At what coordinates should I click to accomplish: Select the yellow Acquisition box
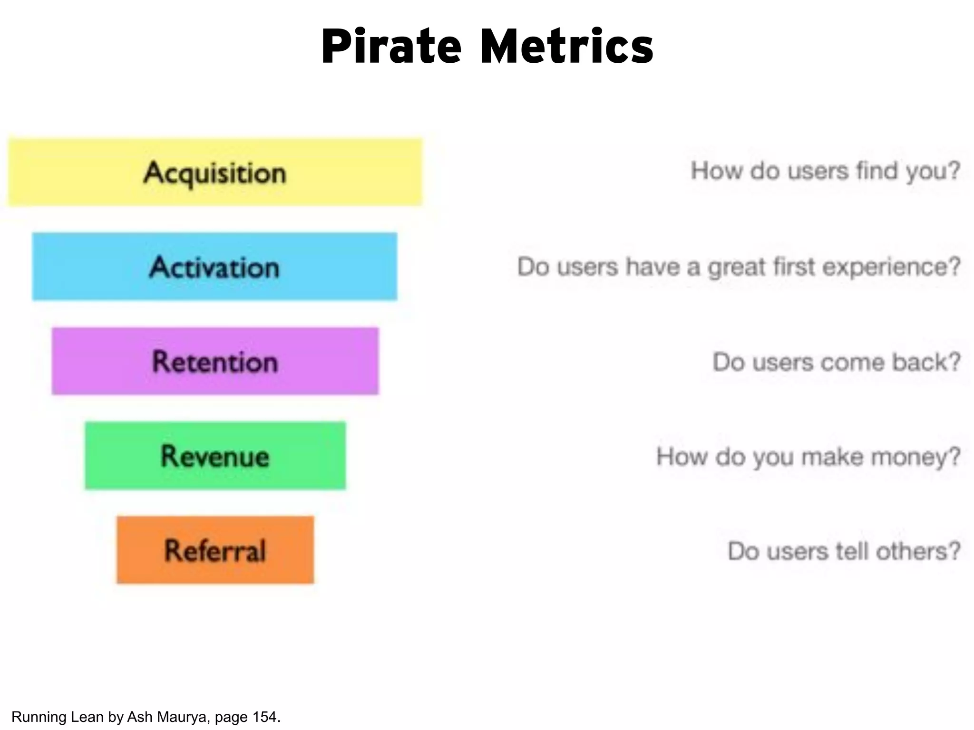[215, 173]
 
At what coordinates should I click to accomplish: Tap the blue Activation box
[214, 267]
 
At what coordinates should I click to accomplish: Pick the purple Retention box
[215, 361]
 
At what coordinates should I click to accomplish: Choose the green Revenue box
[215, 456]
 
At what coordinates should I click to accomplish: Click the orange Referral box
[215, 550]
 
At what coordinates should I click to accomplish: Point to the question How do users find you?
[825, 171]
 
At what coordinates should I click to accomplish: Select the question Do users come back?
[836, 362]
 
